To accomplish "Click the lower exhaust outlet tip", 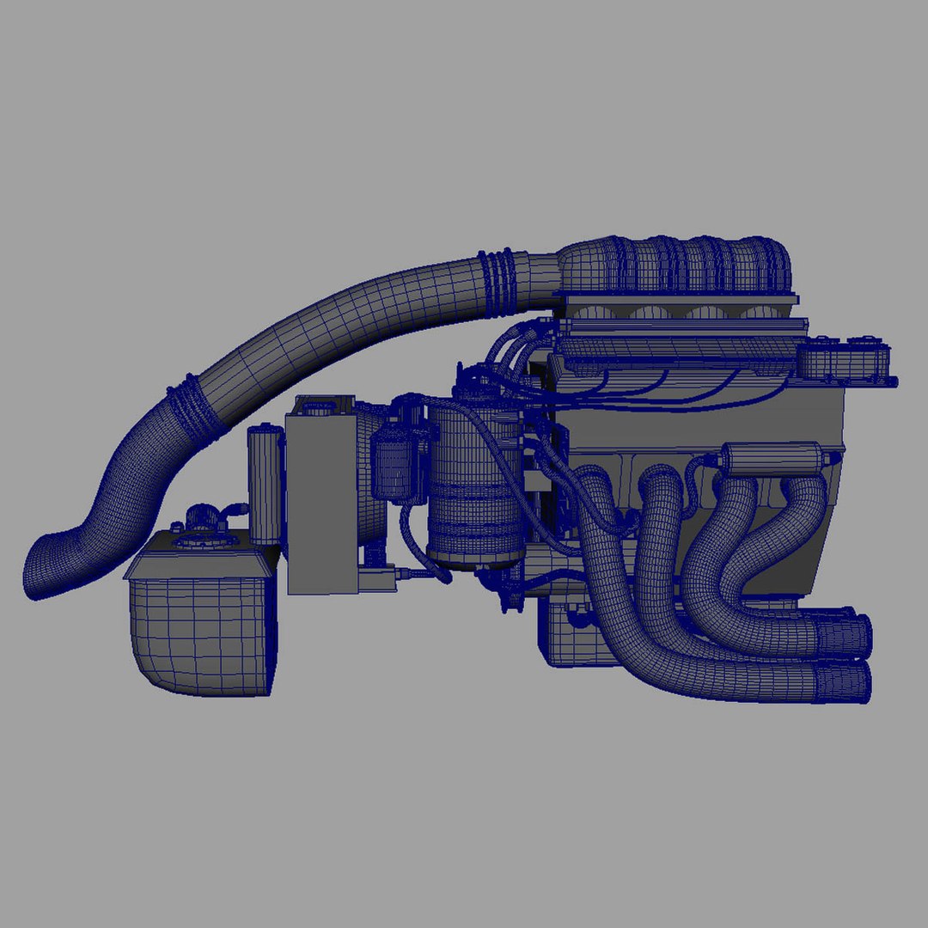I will click(842, 683).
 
